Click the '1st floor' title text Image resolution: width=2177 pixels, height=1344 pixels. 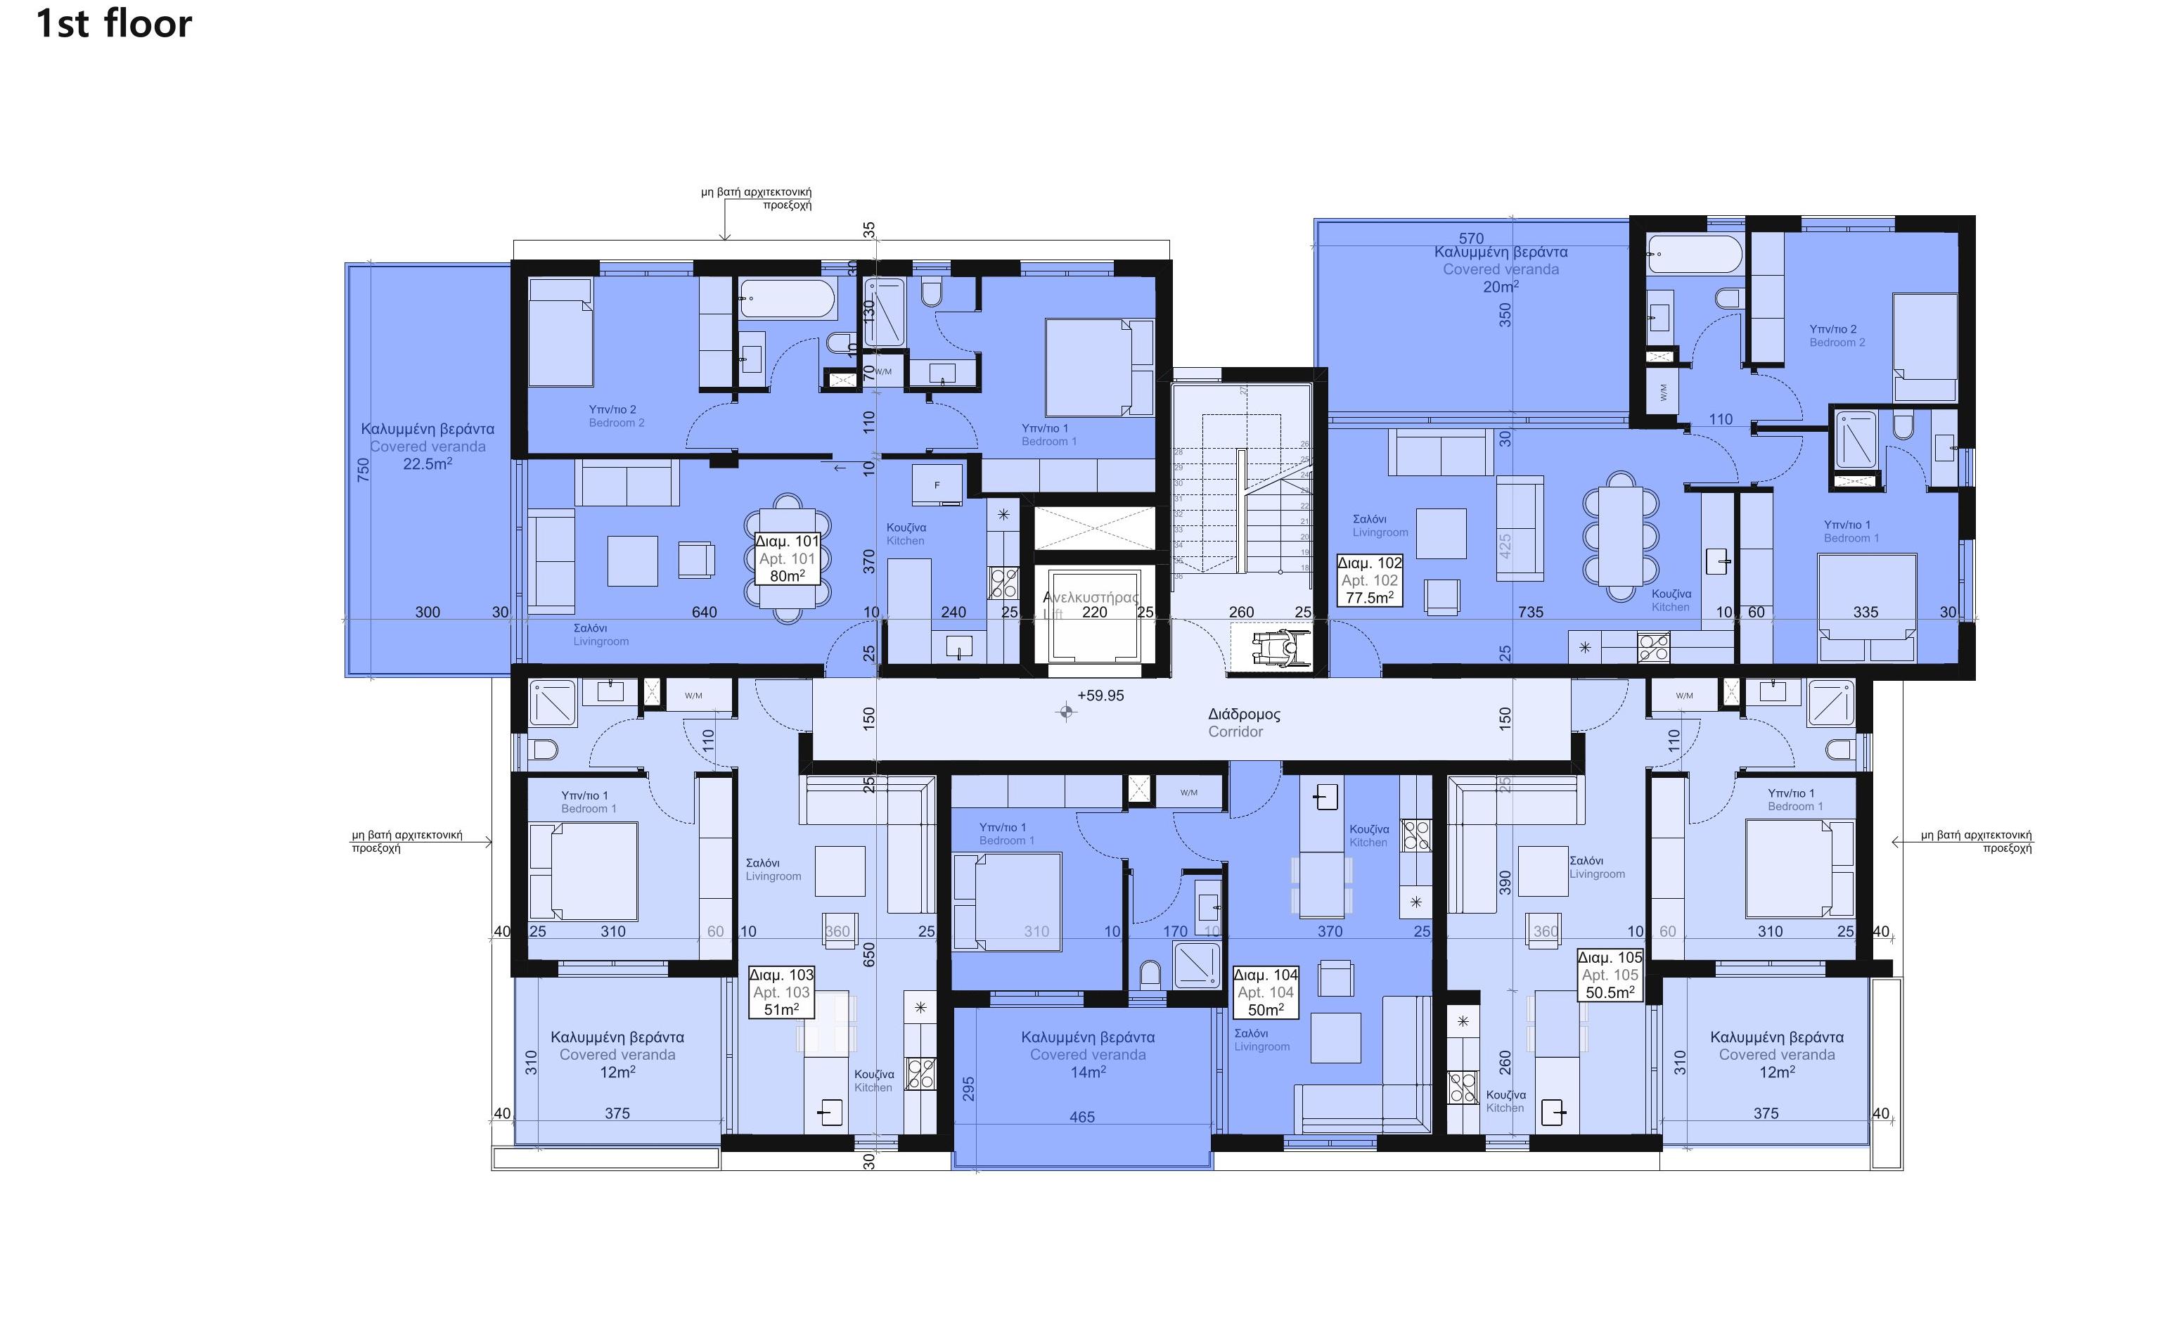pos(114,24)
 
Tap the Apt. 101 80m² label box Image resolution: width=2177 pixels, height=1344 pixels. pos(786,558)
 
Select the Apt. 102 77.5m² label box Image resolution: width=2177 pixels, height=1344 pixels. pos(1369,580)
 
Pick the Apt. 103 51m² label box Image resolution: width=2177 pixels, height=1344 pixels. pos(781,992)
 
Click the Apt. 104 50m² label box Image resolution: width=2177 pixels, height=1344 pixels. pos(1265,992)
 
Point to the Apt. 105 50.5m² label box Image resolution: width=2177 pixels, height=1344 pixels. pos(1610,975)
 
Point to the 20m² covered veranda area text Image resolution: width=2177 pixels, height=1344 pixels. pos(1500,287)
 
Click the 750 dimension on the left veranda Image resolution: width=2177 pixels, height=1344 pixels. pos(364,469)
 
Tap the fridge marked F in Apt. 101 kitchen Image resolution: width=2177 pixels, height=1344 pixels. pos(937,485)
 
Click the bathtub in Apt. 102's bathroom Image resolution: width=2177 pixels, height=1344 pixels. pos(1695,253)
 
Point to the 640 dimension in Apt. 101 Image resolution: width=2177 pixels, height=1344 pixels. pos(704,613)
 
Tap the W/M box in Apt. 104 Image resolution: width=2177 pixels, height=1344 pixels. pos(1189,792)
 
